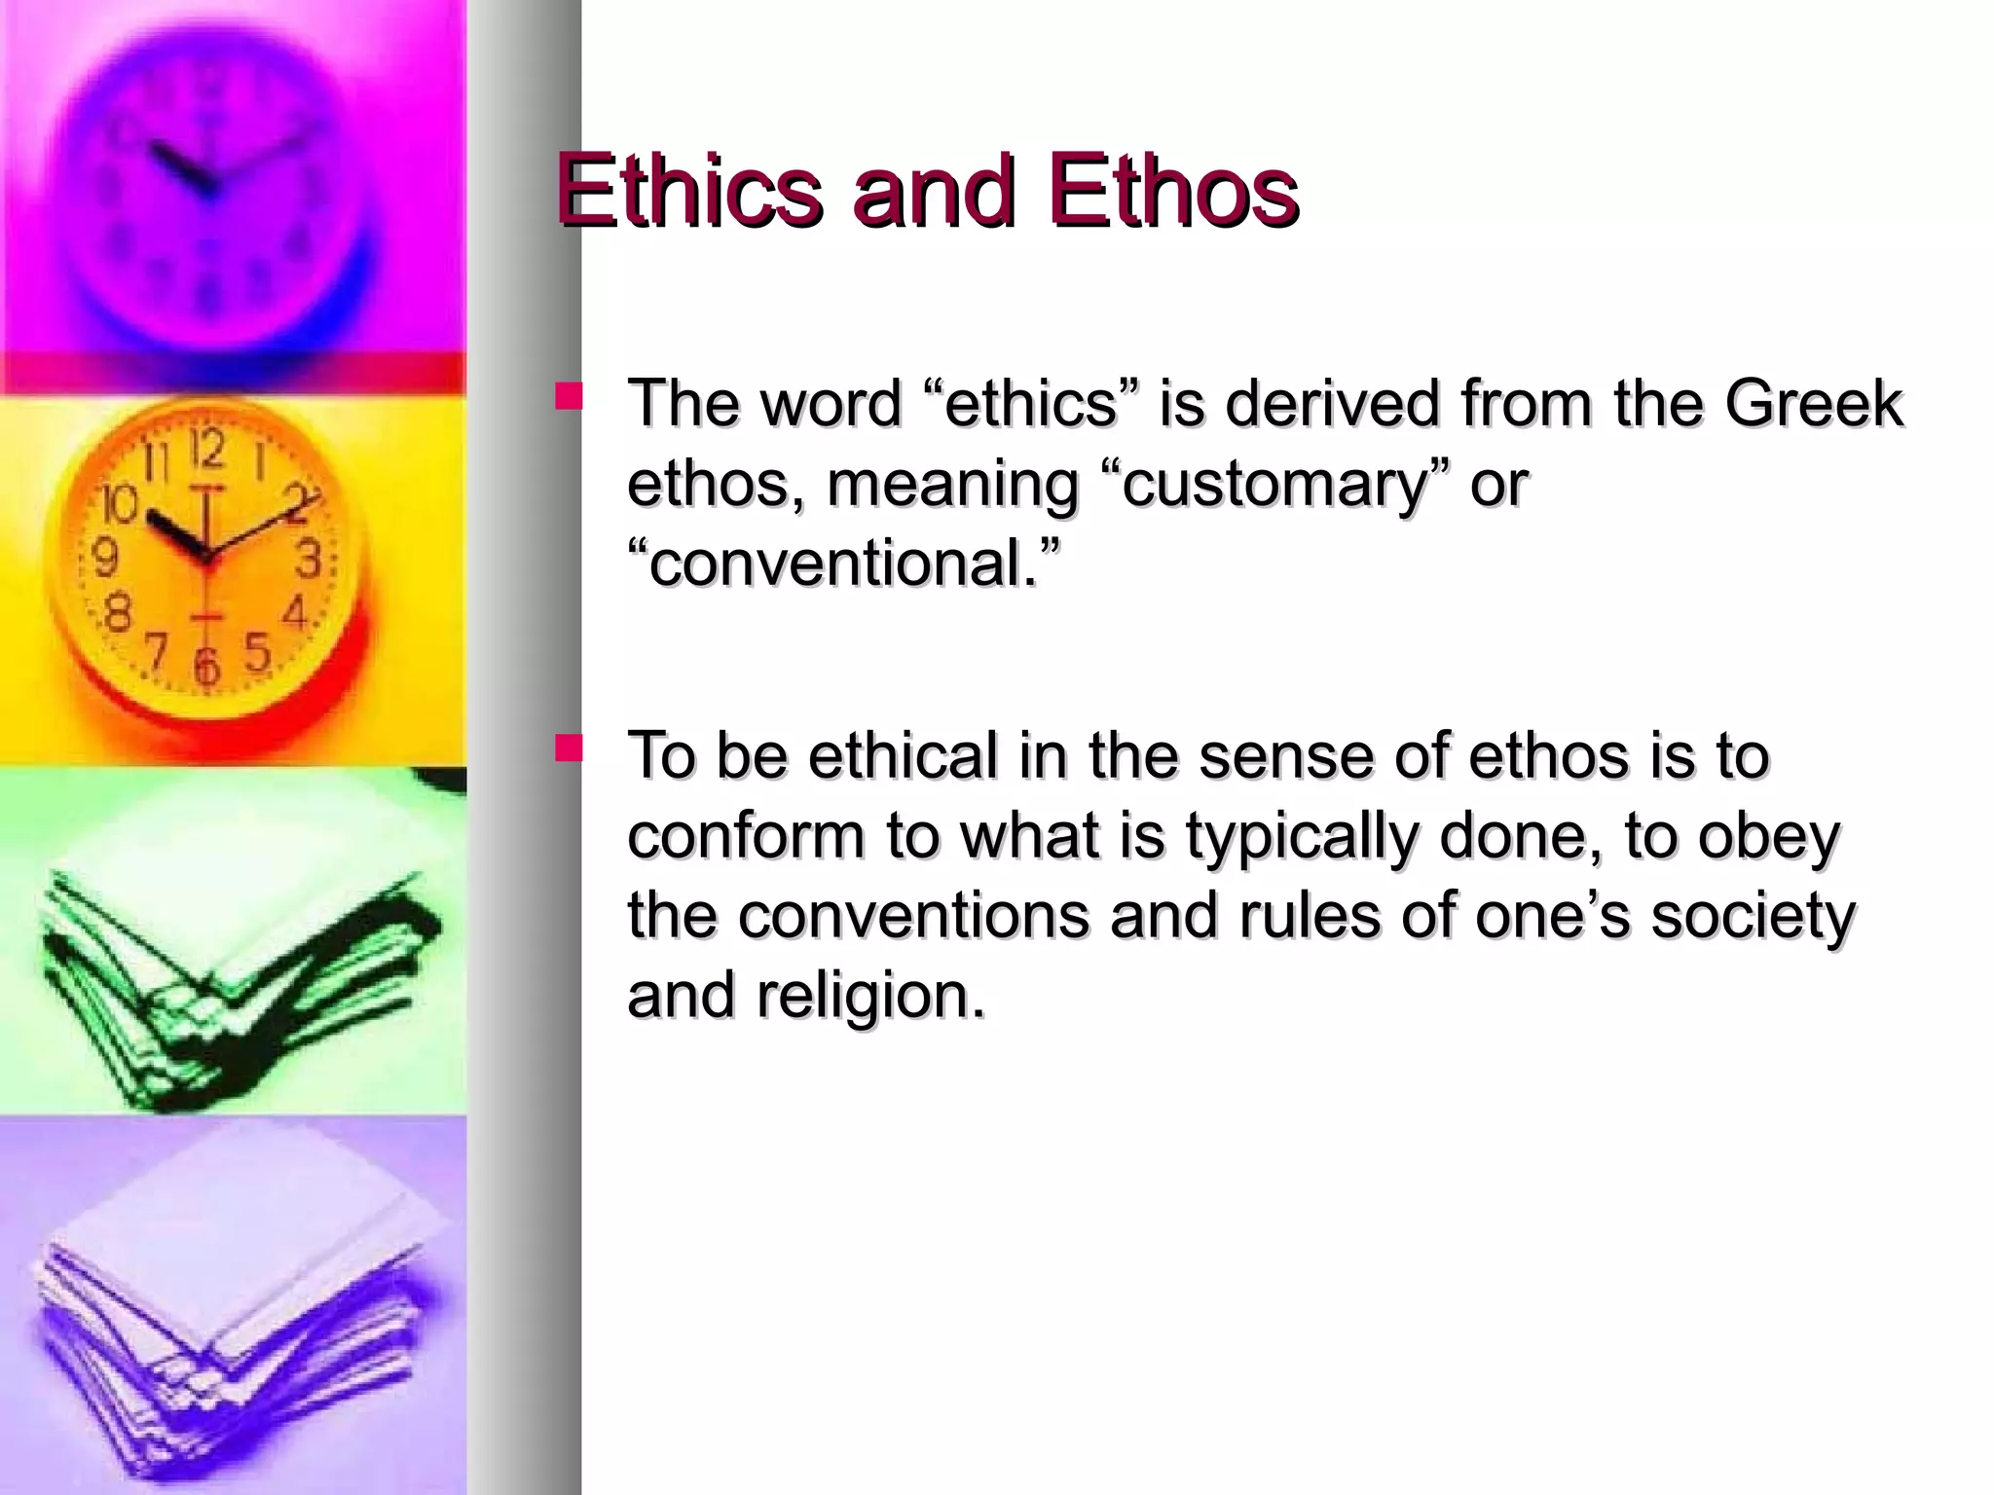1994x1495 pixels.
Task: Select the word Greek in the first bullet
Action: click(x=1813, y=403)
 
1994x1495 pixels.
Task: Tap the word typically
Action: click(x=1301, y=836)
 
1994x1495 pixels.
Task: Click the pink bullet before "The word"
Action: click(x=569, y=395)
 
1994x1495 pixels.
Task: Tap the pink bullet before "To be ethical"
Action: click(x=569, y=747)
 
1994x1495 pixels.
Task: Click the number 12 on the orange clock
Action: click(x=207, y=450)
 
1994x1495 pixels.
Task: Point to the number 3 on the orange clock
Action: click(x=310, y=559)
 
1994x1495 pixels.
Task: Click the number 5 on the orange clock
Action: click(x=256, y=652)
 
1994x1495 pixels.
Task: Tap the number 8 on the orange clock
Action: click(x=117, y=613)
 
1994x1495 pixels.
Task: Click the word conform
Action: click(x=746, y=836)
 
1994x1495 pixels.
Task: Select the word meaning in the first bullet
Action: click(x=950, y=484)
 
